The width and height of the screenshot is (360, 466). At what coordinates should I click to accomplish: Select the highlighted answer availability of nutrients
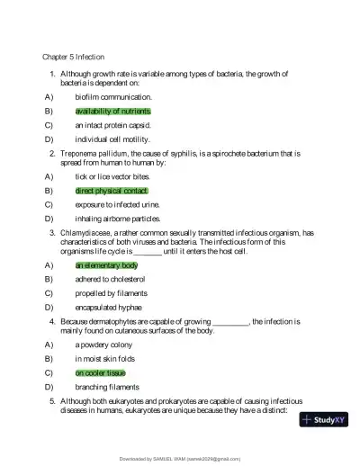(x=112, y=111)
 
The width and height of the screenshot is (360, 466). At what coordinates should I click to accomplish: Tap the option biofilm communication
(x=113, y=96)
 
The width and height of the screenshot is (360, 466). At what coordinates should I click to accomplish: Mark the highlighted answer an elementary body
(x=106, y=265)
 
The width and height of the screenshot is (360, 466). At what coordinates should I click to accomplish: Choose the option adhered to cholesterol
(x=110, y=280)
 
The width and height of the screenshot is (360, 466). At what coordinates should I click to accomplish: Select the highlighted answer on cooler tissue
(x=100, y=372)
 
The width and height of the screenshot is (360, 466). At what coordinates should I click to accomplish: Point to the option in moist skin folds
(x=108, y=358)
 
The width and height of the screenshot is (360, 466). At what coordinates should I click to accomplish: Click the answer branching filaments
(x=107, y=387)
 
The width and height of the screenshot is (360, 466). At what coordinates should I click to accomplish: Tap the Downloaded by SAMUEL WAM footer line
(x=180, y=459)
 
